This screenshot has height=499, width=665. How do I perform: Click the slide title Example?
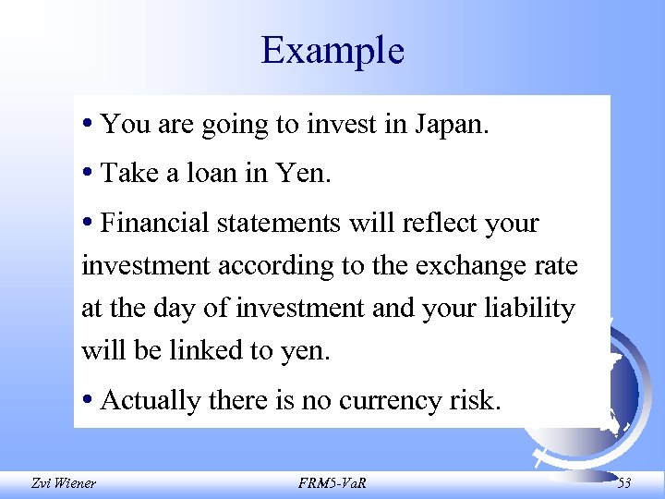pyautogui.click(x=332, y=50)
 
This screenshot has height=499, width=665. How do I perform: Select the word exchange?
pyautogui.click(x=467, y=266)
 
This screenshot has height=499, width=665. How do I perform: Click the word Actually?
pyautogui.click(x=151, y=400)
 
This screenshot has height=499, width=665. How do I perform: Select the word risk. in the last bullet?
pyautogui.click(x=478, y=400)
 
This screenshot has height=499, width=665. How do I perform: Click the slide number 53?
pyautogui.click(x=624, y=481)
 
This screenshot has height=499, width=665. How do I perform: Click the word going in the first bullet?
pyautogui.click(x=232, y=125)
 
